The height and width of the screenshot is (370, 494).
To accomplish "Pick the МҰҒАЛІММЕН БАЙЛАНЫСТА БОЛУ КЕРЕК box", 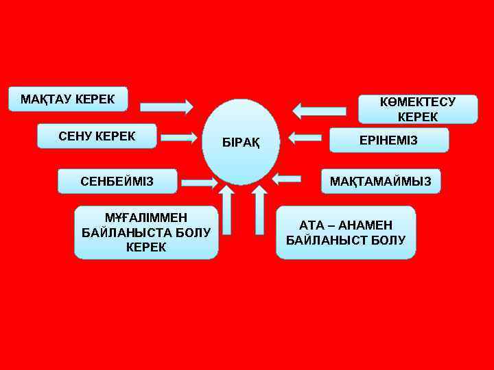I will [x=146, y=232].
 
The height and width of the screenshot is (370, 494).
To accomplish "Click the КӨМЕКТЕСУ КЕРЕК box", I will [x=418, y=109].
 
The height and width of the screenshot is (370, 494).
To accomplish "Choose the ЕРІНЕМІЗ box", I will [x=389, y=140].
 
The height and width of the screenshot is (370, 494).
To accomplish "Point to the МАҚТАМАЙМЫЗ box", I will [x=381, y=182].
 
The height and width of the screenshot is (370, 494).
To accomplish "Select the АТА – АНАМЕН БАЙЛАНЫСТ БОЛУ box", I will [x=346, y=232].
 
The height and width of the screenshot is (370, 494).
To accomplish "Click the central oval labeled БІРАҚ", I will [x=241, y=143].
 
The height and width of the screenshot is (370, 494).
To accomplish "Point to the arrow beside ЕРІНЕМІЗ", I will [x=306, y=138].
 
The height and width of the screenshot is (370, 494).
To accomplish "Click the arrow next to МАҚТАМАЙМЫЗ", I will [x=287, y=179].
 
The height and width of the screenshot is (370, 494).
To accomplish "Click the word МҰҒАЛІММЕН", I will [x=145, y=218].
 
